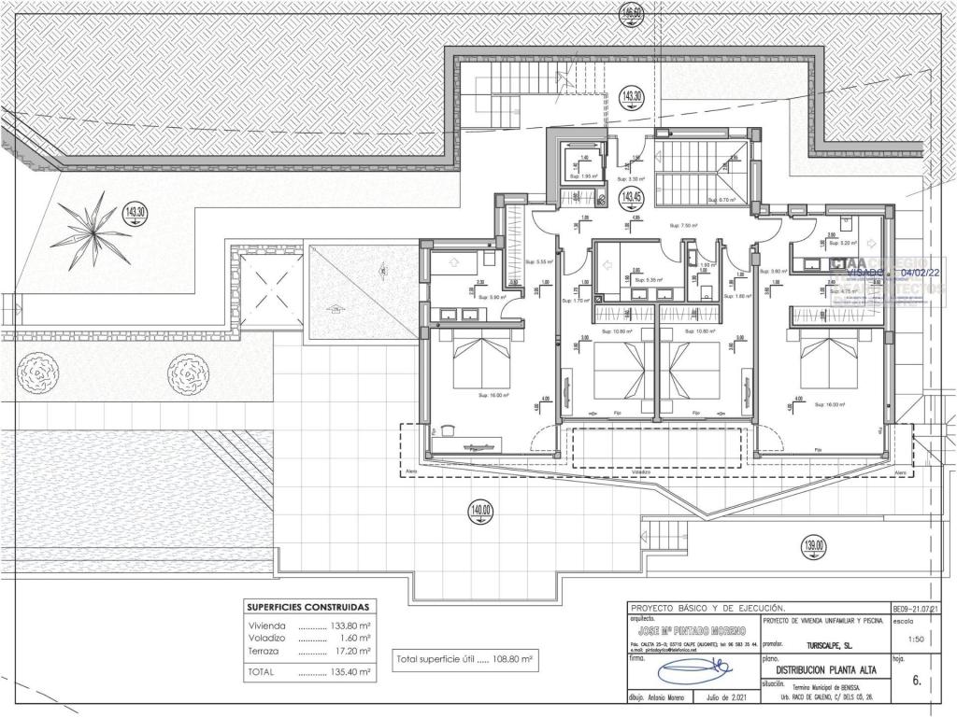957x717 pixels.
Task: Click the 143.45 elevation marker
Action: point(633,196)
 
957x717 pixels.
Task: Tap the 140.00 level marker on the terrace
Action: point(481,511)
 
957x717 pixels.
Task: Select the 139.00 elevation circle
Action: point(814,546)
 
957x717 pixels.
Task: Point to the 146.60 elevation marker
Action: point(633,13)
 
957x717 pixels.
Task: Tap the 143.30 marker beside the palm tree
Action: point(136,212)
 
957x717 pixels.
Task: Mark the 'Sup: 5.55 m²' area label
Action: point(539,262)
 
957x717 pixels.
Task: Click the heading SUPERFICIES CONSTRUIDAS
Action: point(307,606)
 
